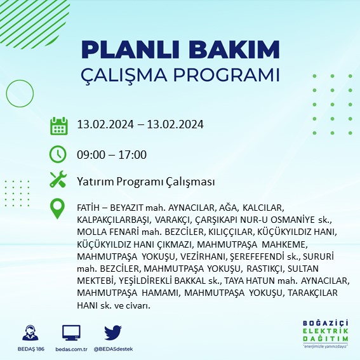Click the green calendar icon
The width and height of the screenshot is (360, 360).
point(58,125)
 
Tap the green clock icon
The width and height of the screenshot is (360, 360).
point(58,154)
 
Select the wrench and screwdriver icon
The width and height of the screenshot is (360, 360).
point(58,180)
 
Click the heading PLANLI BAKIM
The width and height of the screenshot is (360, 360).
point(180,50)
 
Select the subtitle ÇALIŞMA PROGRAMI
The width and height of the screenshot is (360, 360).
point(180,74)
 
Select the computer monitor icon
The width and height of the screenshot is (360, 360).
point(71,333)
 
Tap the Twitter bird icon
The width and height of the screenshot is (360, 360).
point(112,332)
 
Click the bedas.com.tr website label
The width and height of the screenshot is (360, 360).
point(71,349)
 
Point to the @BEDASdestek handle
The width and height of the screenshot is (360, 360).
point(113,349)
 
